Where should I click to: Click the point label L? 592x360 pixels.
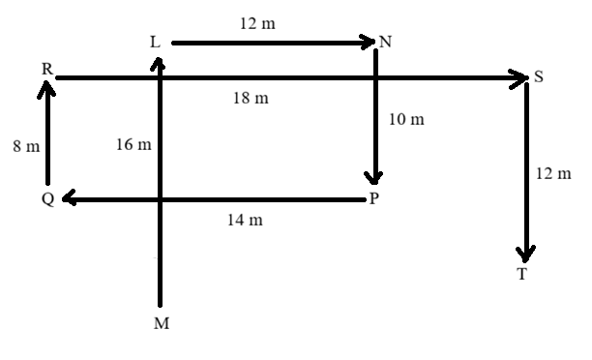155,42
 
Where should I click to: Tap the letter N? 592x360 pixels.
385,42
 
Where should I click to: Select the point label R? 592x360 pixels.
46,69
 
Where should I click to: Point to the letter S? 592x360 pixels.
539,76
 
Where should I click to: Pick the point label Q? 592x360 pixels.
48,198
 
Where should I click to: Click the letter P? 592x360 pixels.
373,198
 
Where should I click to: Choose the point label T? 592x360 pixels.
522,274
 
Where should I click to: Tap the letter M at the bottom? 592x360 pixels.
162,323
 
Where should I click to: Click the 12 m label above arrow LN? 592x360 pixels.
257,23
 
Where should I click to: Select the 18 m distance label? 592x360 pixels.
251,98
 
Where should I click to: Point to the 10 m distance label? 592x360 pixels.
406,119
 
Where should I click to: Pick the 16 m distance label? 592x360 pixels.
133,144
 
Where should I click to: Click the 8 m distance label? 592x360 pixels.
26,146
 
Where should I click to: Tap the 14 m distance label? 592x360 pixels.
245,220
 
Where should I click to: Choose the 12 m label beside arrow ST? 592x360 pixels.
553,174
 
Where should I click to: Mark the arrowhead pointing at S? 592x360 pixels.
518,78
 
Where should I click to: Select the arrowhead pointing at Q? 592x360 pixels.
70,198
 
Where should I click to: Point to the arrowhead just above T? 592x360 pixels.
525,255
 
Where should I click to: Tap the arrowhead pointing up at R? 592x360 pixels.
46,89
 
